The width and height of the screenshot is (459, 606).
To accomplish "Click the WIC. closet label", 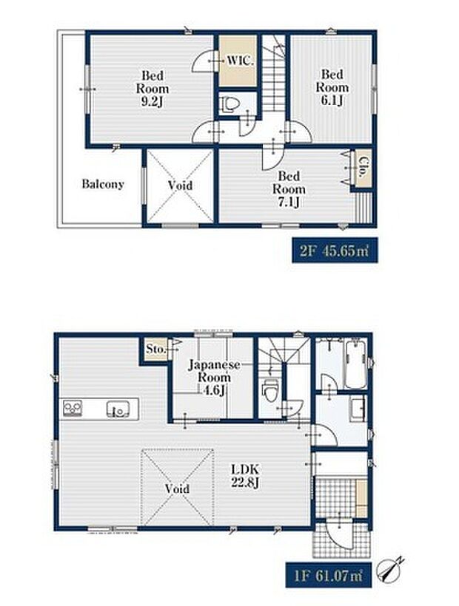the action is (240, 61).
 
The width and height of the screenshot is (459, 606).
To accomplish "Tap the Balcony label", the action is (103, 184).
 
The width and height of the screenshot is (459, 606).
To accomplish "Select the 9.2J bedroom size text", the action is (152, 102).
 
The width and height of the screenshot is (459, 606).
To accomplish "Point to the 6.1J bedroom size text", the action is (332, 101).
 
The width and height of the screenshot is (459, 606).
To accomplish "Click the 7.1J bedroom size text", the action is (289, 202).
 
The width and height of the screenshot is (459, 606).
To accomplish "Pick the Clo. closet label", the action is (362, 167).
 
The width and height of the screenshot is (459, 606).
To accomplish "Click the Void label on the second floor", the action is (181, 185).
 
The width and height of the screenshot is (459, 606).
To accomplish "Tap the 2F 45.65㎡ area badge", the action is (335, 251).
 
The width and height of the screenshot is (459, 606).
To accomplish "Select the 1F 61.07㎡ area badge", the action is (329, 576).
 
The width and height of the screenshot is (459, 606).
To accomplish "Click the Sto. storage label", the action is (156, 349).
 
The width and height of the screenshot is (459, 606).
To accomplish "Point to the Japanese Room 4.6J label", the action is (214, 378).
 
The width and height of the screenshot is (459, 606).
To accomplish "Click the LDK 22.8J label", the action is (245, 476).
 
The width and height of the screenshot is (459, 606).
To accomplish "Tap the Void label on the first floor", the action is (177, 488).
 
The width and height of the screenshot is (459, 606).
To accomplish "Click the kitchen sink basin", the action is (118, 409).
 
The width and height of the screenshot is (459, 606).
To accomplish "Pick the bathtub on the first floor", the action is (355, 364).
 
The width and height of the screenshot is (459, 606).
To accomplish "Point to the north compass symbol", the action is (392, 568).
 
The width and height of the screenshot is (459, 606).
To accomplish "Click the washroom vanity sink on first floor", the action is (358, 409).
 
